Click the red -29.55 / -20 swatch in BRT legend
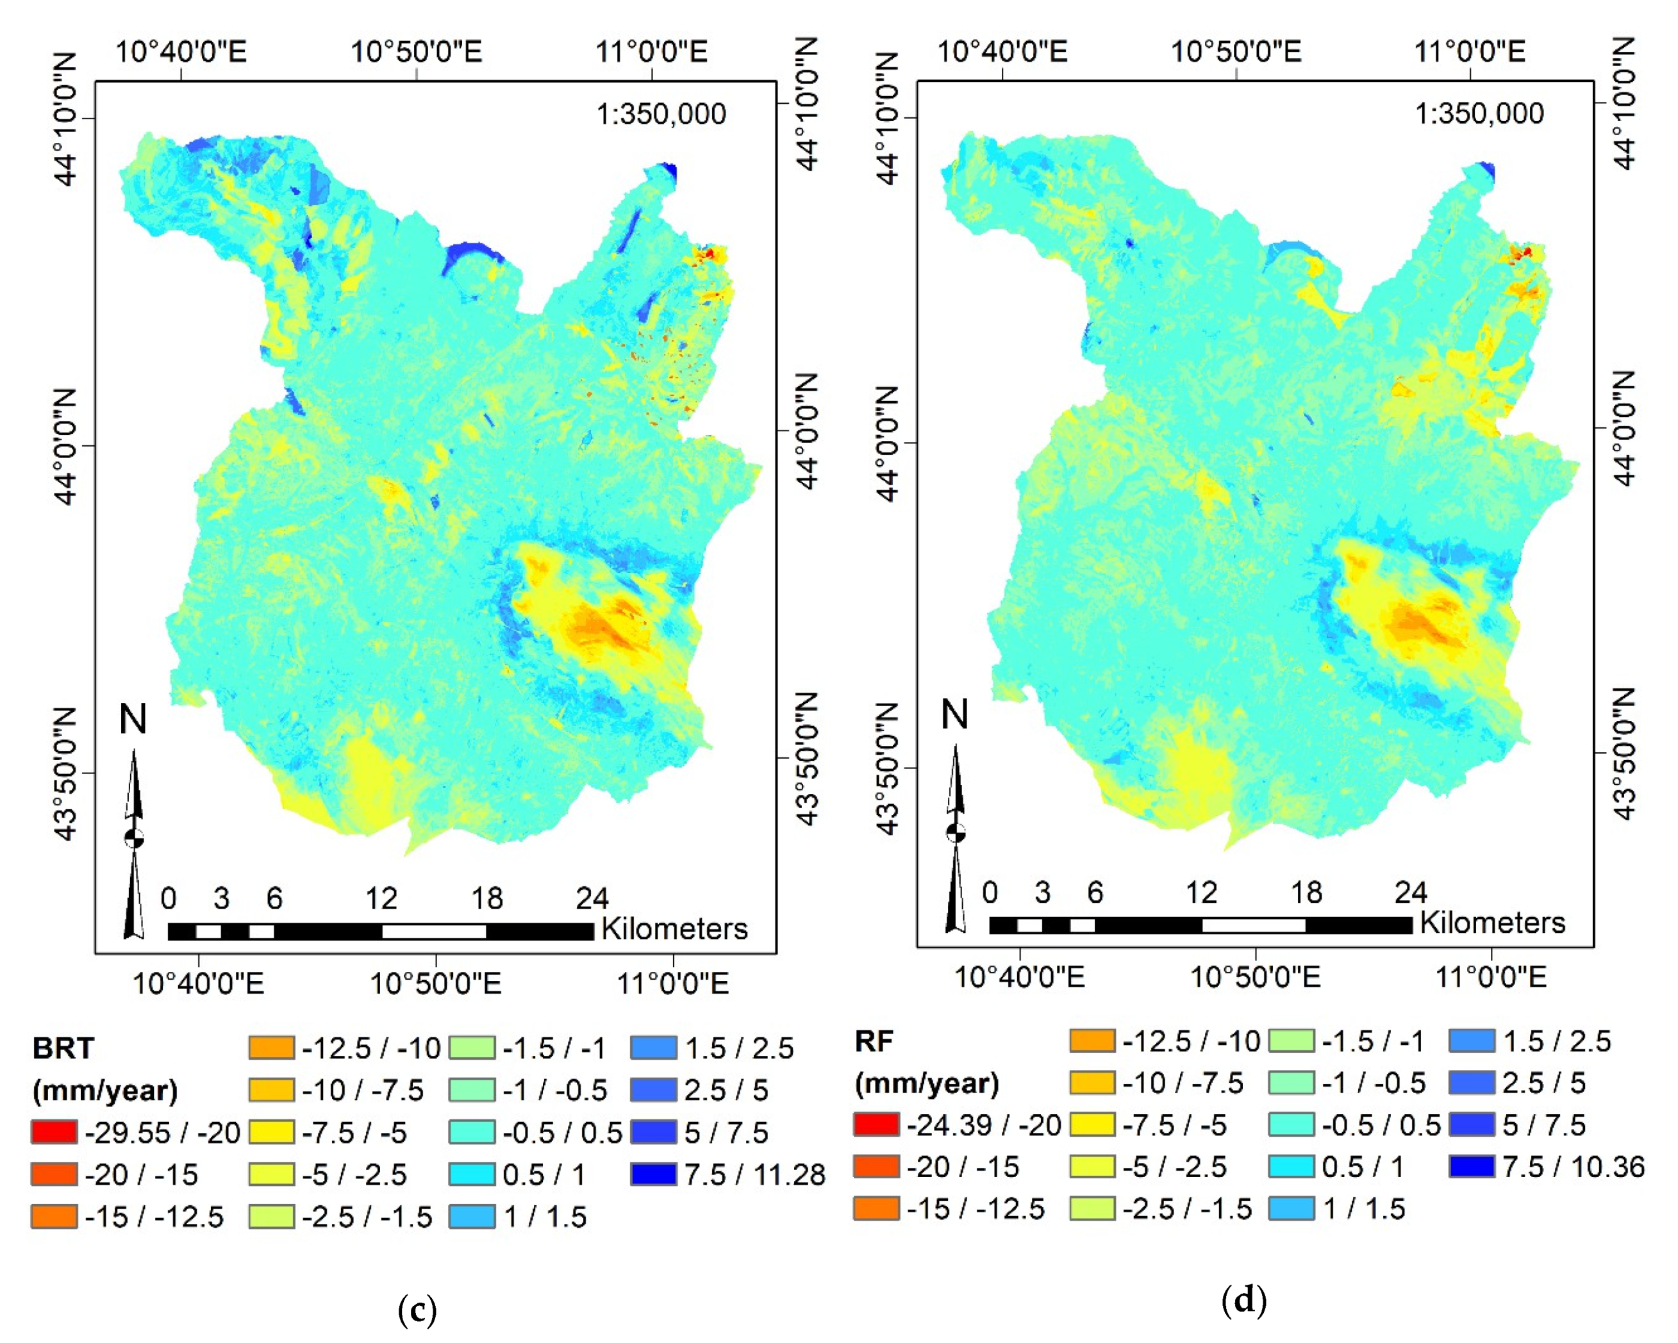54,1132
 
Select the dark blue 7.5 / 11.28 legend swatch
653,1173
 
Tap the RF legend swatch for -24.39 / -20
876,1125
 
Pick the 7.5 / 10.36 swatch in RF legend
1472,1166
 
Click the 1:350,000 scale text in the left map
661,115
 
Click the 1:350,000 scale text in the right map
1479,113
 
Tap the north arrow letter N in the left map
132,719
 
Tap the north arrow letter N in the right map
954,714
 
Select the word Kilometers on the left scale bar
674,929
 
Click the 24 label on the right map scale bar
1410,892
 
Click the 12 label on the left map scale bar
381,899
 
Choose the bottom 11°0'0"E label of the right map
1490,976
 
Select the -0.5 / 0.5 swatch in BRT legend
472,1132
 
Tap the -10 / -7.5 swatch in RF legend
1092,1082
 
